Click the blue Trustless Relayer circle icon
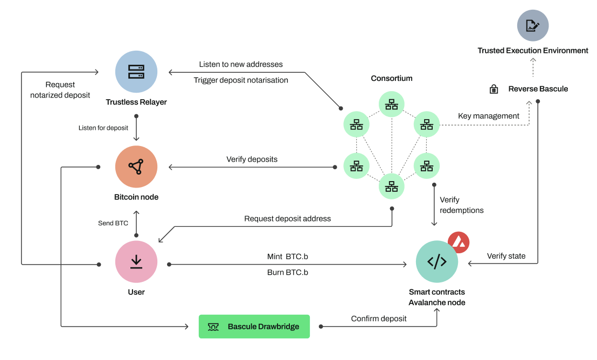click(136, 72)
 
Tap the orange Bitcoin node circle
click(136, 167)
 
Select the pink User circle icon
click(136, 262)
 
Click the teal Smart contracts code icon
click(437, 262)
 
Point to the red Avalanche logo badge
click(459, 243)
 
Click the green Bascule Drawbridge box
click(254, 327)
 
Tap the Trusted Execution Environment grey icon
click(532, 25)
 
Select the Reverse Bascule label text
click(538, 89)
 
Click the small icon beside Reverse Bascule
click(493, 89)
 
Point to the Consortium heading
click(392, 78)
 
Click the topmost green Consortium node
click(392, 104)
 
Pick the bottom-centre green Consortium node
click(392, 186)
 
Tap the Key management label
click(488, 116)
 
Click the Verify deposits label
click(252, 160)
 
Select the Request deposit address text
click(287, 219)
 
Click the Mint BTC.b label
click(287, 257)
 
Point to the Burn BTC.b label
click(287, 273)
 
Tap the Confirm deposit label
click(379, 319)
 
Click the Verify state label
click(506, 256)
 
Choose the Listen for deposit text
click(103, 128)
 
